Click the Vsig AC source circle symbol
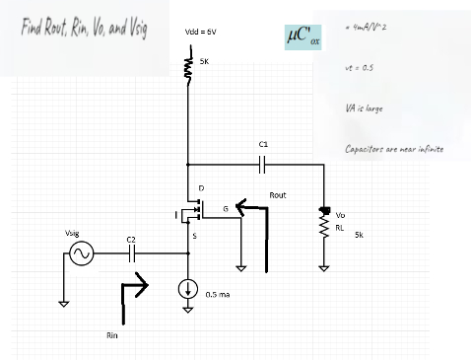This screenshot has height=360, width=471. (80, 255)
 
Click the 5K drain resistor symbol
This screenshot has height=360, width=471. (188, 69)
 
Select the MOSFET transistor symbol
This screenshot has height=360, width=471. (194, 211)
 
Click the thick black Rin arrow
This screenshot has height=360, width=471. (134, 300)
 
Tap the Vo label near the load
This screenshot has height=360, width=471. (341, 215)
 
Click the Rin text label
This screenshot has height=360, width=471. (112, 336)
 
